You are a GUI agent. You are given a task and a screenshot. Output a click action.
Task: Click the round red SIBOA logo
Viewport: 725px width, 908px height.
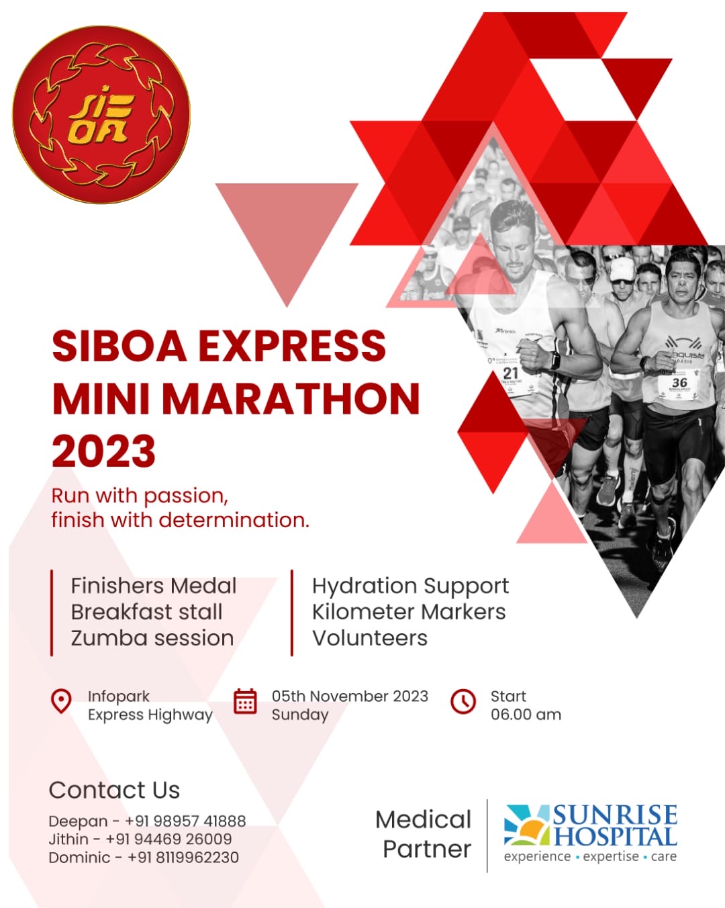[x=101, y=114]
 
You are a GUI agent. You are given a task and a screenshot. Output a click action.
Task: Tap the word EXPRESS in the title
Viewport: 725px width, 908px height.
[x=292, y=347]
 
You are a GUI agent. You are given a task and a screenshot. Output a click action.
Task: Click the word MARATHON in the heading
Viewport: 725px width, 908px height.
[x=291, y=399]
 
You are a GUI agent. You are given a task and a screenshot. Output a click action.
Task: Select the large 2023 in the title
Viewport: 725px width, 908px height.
[x=104, y=451]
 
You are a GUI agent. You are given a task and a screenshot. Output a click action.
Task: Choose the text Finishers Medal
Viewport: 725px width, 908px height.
[x=154, y=586]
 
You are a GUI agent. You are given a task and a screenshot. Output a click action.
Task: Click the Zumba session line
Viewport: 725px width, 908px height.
[x=152, y=638]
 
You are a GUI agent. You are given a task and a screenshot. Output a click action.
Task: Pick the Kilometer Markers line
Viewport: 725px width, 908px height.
[x=409, y=612]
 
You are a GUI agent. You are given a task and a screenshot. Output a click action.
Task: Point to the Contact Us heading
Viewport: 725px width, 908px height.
[x=114, y=790]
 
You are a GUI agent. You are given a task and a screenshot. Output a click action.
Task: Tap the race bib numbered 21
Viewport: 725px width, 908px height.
[x=511, y=376]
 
